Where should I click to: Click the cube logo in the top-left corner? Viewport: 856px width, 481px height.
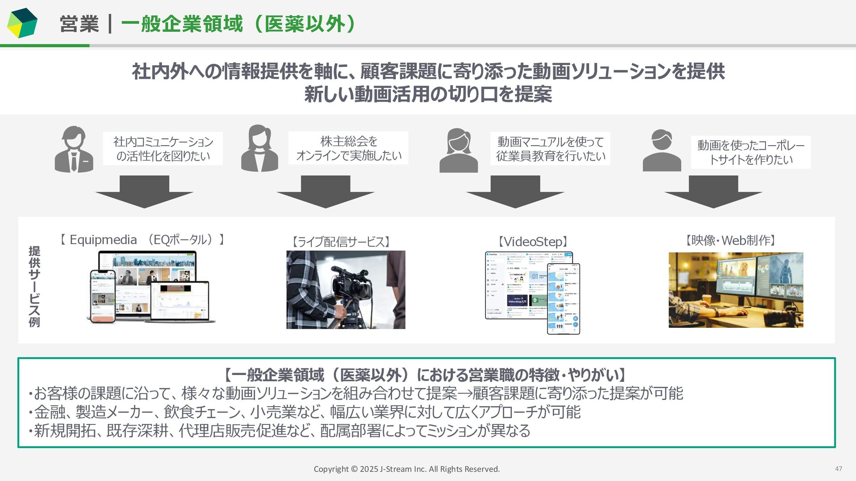click(x=22, y=23)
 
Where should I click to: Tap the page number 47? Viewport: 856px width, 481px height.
click(x=838, y=469)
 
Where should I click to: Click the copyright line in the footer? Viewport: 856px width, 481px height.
click(x=407, y=469)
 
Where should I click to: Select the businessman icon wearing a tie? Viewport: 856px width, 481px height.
click(x=74, y=149)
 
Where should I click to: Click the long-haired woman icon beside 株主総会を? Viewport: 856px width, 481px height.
click(x=259, y=148)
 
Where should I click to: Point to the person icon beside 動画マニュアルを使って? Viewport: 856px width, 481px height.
click(x=458, y=151)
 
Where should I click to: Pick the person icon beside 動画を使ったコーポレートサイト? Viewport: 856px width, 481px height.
click(x=662, y=151)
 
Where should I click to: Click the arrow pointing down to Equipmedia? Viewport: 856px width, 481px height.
click(x=144, y=192)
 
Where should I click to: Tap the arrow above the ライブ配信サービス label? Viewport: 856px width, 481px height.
click(x=325, y=192)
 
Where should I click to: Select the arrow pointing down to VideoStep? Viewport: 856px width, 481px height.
click(x=515, y=192)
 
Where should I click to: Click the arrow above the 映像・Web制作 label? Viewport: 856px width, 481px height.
click(x=713, y=192)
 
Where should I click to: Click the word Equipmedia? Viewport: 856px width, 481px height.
click(x=103, y=240)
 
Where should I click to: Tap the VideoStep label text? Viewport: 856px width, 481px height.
click(x=533, y=242)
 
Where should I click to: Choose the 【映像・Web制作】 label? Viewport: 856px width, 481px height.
click(x=731, y=240)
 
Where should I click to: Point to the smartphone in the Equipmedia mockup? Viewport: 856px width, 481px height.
click(x=103, y=296)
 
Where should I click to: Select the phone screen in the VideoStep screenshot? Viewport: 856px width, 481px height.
click(x=564, y=298)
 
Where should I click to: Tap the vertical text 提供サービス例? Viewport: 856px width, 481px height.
click(x=34, y=286)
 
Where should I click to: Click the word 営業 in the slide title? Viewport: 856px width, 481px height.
click(x=79, y=24)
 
